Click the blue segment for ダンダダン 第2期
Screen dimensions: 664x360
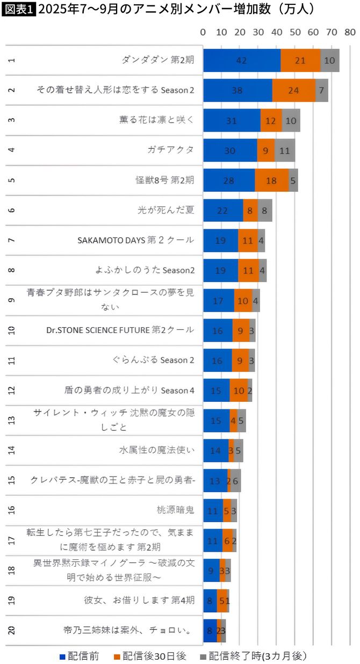coord(241,60)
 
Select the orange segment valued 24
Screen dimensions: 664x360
coord(293,90)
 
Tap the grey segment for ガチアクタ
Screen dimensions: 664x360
coord(285,150)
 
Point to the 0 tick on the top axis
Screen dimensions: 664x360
coord(203,32)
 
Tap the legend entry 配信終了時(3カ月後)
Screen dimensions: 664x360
coord(253,656)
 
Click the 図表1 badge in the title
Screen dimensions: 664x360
coord(19,9)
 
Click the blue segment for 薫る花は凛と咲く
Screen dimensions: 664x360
coord(232,120)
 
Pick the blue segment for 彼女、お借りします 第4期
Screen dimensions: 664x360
coord(210,601)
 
